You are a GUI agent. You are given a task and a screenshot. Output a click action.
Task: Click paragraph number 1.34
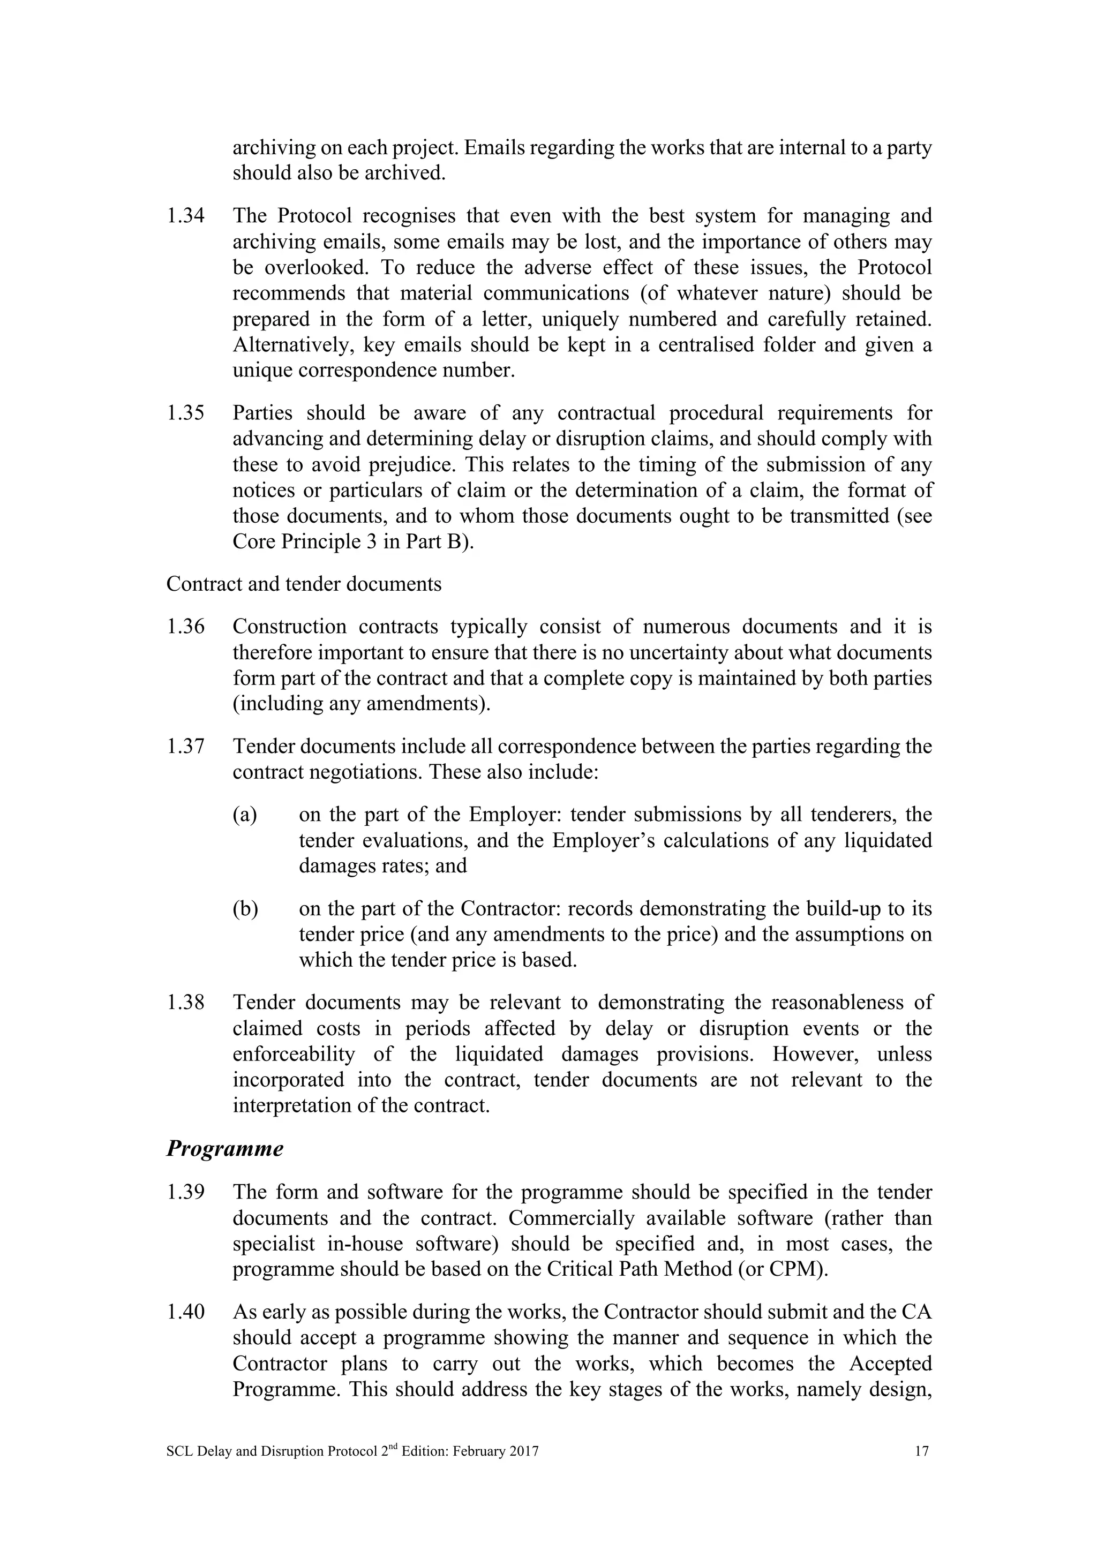(x=186, y=216)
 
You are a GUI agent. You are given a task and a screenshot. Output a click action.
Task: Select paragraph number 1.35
(x=186, y=413)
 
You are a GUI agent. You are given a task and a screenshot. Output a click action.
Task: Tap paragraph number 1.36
(x=186, y=627)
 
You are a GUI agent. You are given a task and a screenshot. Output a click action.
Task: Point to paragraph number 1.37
(x=186, y=747)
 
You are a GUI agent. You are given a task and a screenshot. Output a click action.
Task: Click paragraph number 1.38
(x=186, y=1003)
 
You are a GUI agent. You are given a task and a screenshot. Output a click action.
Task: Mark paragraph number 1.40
(x=186, y=1313)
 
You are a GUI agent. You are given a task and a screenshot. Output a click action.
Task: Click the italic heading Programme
(x=224, y=1149)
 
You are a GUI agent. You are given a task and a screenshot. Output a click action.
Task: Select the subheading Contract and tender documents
(x=303, y=584)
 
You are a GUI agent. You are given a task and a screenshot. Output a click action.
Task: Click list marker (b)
(x=245, y=909)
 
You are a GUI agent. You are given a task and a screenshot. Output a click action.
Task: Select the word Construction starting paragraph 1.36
(x=289, y=627)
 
